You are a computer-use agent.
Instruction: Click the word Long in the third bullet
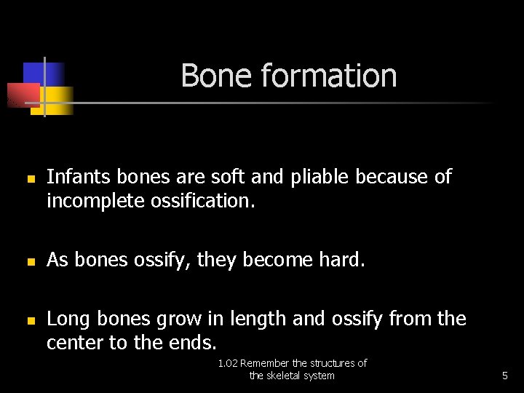67,319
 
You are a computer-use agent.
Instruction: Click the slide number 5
504,376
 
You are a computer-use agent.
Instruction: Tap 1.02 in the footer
228,363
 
